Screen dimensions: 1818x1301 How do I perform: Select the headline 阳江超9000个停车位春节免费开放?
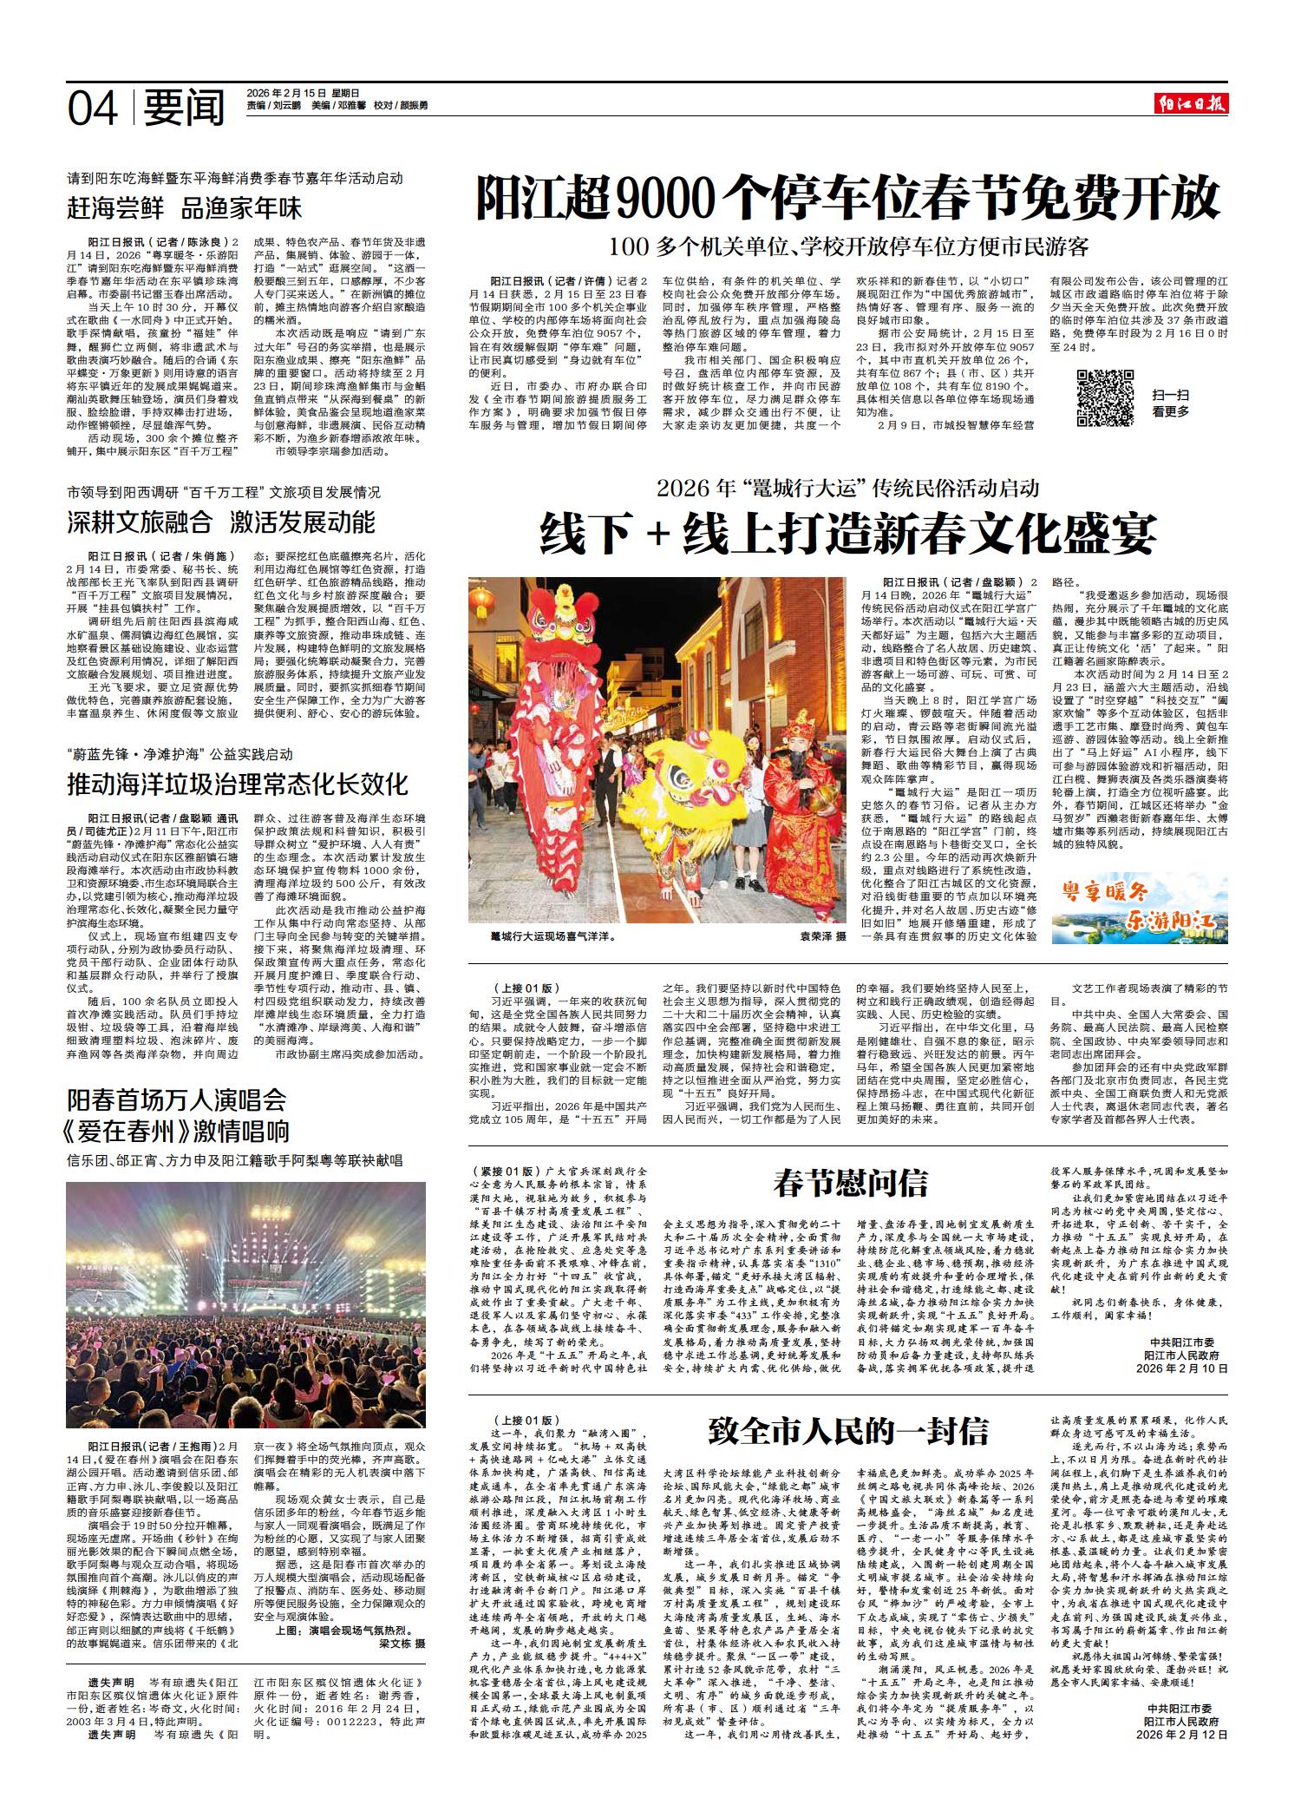[x=848, y=199]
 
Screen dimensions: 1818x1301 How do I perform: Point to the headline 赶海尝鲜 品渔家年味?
[x=185, y=209]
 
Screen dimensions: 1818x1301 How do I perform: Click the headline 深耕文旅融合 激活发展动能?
[x=221, y=522]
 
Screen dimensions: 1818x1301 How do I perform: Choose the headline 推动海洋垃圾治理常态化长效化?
[x=238, y=785]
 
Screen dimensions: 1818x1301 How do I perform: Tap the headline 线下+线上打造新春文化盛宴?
[x=848, y=533]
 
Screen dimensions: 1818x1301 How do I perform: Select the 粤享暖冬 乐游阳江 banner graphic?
[x=1139, y=908]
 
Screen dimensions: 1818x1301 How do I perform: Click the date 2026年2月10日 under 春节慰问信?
[x=1182, y=1368]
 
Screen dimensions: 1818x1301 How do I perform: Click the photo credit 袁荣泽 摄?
[x=822, y=937]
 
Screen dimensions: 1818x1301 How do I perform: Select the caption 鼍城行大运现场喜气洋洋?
[x=552, y=937]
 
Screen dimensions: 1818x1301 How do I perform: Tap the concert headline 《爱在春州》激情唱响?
[x=178, y=1131]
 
